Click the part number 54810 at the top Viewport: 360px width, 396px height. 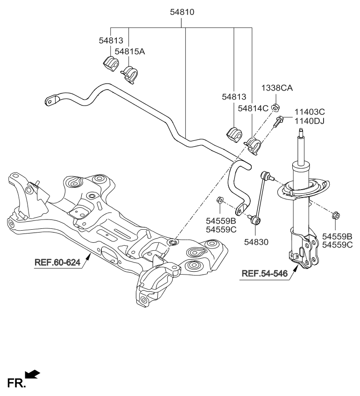click(181, 12)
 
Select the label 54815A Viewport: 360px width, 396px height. click(130, 51)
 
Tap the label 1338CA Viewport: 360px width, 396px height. click(276, 88)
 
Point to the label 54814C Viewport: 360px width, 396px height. click(253, 108)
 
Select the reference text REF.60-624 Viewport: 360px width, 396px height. click(57, 263)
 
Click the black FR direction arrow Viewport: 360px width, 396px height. click(32, 374)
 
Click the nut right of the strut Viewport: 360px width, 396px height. click(335, 215)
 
